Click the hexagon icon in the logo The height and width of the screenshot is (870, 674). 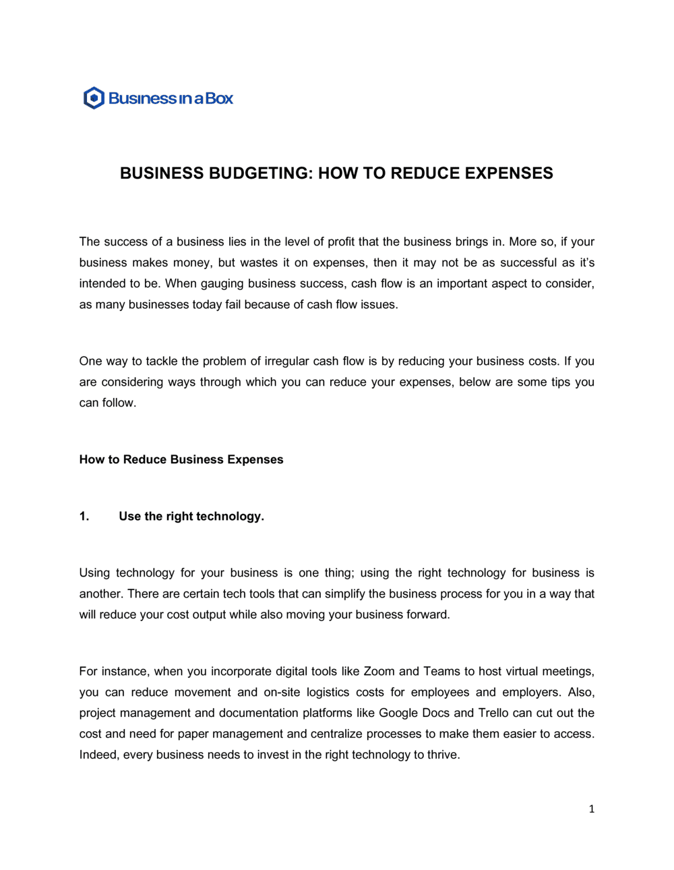click(94, 98)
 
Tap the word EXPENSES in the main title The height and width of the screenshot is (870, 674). click(509, 173)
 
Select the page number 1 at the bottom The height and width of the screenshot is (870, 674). click(592, 809)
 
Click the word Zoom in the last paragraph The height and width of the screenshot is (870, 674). click(379, 672)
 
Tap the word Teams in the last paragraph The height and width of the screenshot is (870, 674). click(441, 672)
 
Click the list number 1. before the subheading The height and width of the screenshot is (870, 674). click(84, 517)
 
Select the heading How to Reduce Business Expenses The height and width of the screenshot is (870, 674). click(181, 460)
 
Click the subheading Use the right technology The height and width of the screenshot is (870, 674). click(191, 517)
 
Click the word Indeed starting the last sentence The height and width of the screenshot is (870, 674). click(98, 755)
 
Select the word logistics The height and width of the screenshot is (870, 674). click(328, 693)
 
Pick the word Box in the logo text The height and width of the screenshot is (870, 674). click(219, 98)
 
